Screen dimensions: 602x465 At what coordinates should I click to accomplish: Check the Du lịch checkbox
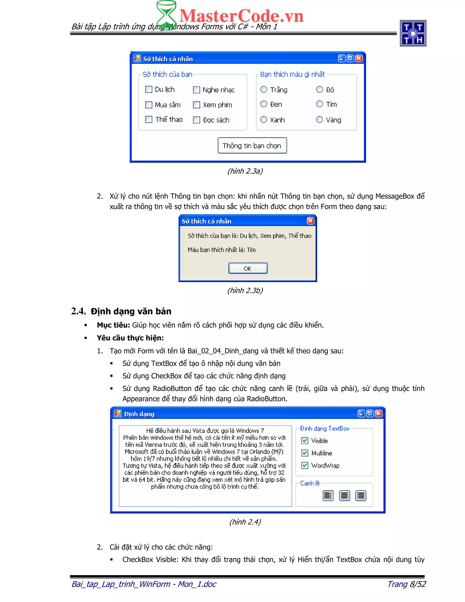(149, 89)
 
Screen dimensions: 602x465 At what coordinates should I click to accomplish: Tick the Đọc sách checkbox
(196, 120)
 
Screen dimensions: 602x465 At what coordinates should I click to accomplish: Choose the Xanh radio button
(264, 119)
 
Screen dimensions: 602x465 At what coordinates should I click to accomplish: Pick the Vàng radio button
(319, 119)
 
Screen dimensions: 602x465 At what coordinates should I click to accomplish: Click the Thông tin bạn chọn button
(252, 146)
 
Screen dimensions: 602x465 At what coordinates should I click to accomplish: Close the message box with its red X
(310, 221)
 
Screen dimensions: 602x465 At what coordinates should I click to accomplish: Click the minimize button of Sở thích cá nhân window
(341, 58)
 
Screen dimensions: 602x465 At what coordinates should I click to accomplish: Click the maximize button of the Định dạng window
(370, 413)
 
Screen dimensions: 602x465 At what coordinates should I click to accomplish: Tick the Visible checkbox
(305, 440)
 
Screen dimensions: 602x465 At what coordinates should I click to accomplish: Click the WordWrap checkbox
(305, 465)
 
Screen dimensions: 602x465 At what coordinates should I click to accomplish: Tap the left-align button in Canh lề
(328, 496)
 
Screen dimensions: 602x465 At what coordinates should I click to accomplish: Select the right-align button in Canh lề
(361, 496)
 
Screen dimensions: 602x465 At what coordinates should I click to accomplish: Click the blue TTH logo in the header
(413, 33)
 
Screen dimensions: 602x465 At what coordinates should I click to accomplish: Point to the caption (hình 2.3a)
(245, 171)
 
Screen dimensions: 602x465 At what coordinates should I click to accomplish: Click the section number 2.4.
(79, 311)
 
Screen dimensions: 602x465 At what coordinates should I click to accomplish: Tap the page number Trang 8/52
(406, 584)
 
